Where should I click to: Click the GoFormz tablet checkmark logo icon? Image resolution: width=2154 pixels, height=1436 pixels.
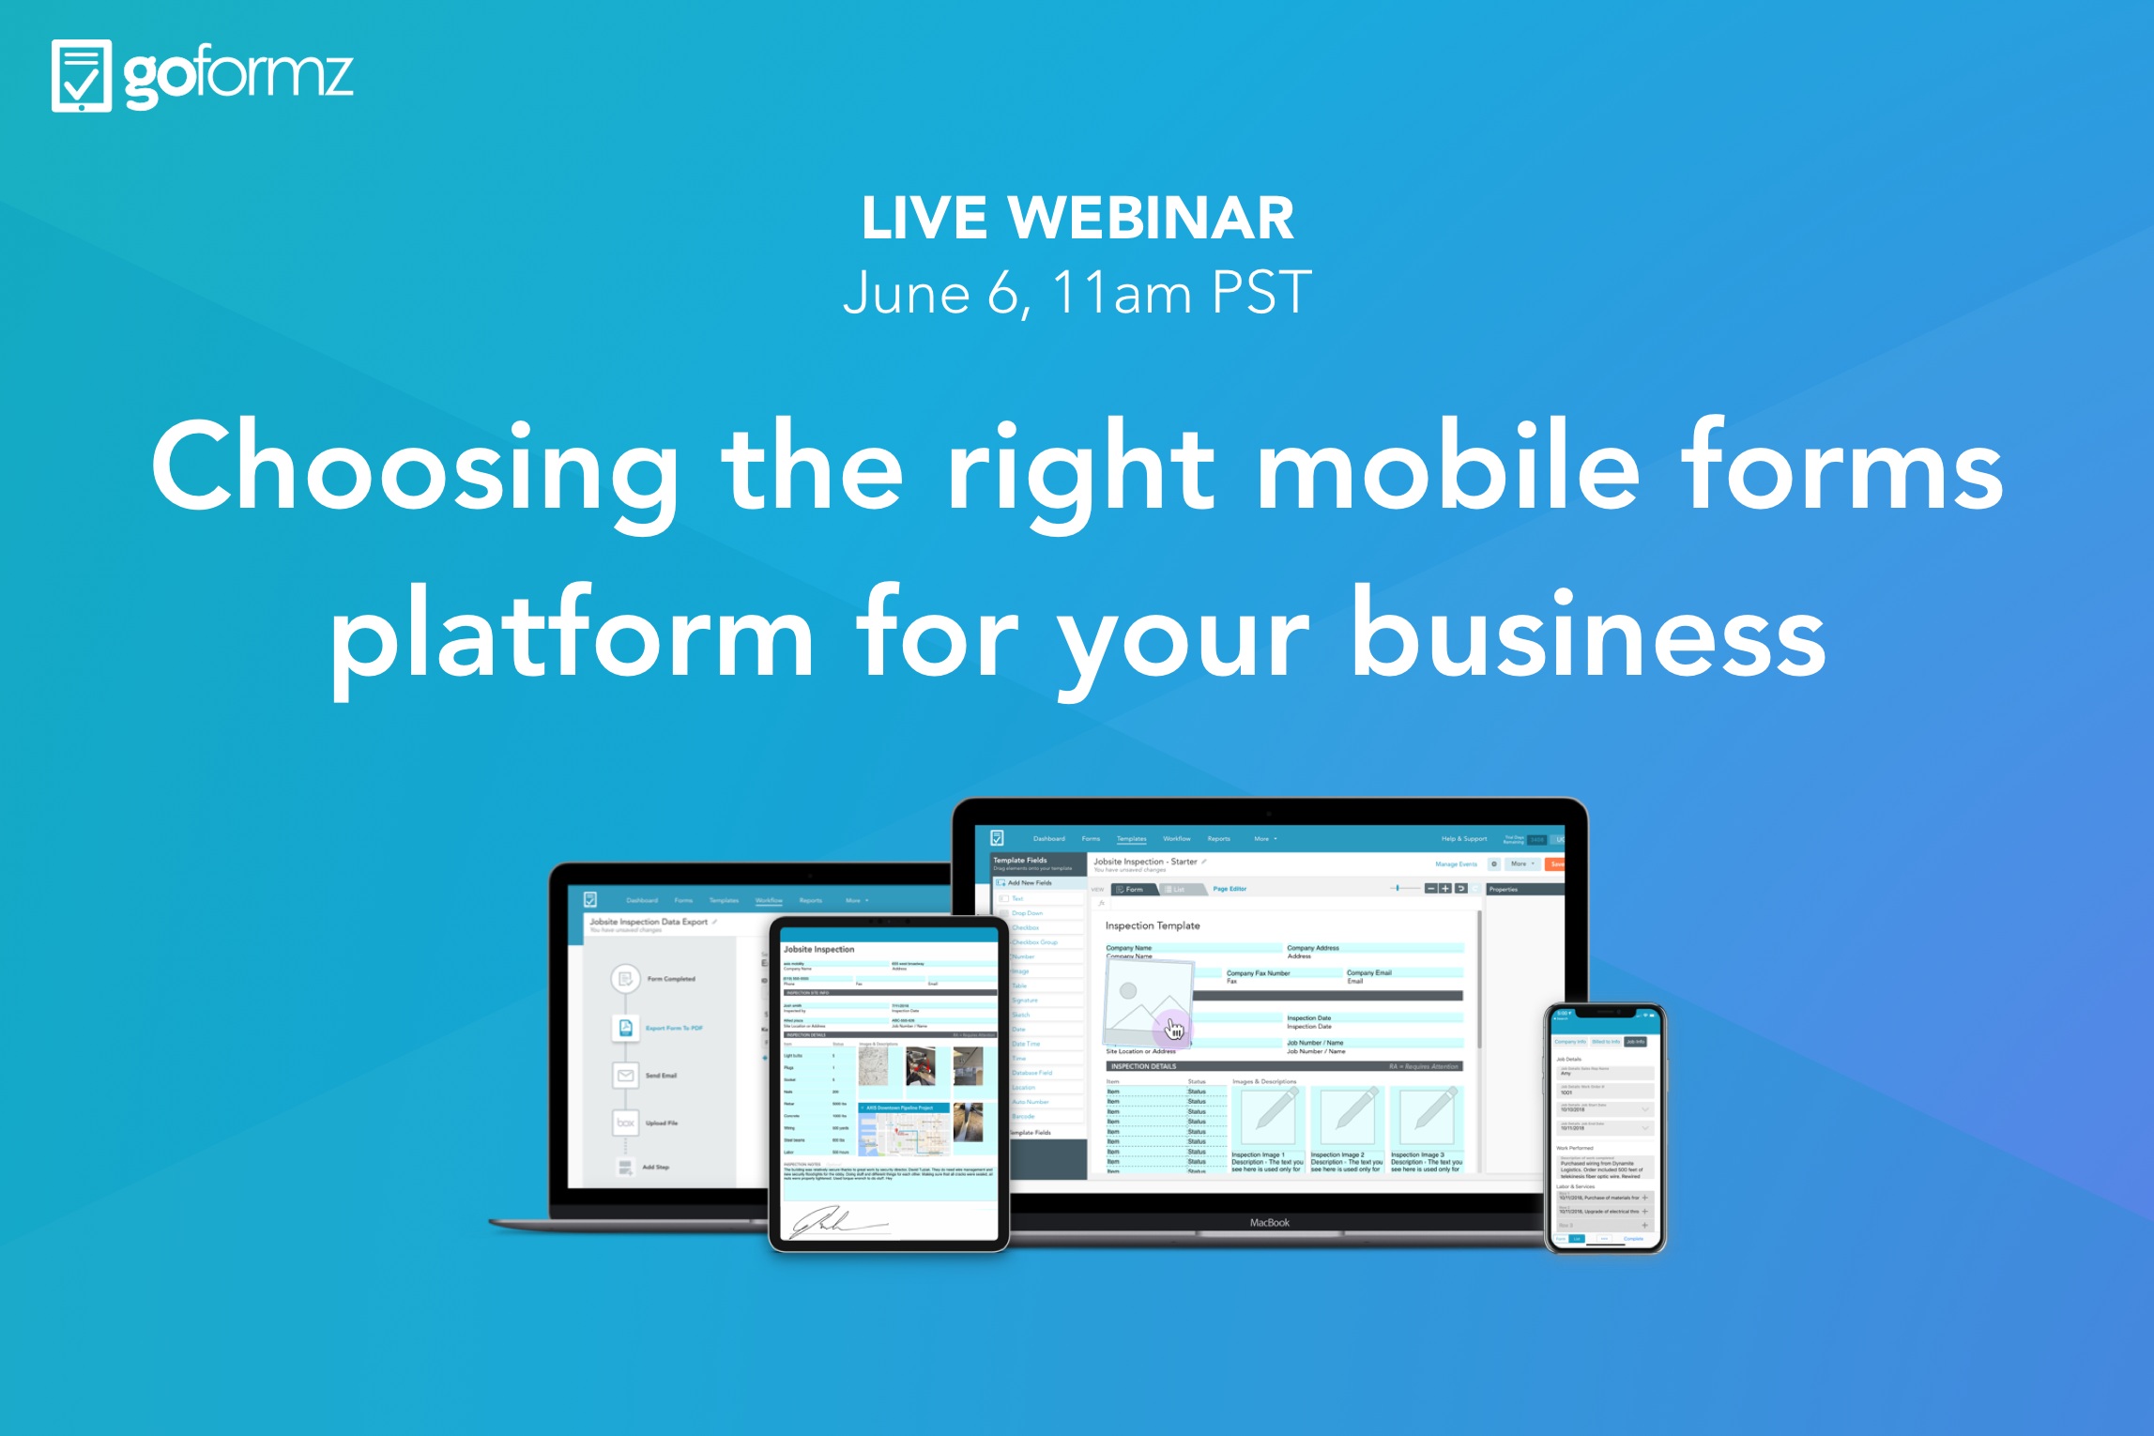point(81,76)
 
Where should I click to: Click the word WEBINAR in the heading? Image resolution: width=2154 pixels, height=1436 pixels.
point(1151,218)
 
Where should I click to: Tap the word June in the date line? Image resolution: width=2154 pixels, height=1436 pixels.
point(906,293)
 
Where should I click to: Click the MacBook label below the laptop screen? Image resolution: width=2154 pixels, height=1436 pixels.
point(1269,1223)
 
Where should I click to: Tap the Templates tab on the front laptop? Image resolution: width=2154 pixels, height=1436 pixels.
point(1131,839)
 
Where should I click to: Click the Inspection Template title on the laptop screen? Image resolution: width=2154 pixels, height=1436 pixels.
point(1153,925)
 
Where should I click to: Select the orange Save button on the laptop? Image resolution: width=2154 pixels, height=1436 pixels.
point(1556,864)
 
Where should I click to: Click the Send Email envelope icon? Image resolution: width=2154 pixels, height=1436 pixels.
point(625,1076)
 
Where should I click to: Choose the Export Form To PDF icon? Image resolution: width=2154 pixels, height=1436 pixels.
point(625,1028)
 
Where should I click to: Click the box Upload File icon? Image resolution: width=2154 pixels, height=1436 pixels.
point(625,1123)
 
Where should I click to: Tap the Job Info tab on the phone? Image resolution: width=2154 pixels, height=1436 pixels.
point(1635,1042)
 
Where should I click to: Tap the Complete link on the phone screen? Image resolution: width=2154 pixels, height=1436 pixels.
point(1633,1239)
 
